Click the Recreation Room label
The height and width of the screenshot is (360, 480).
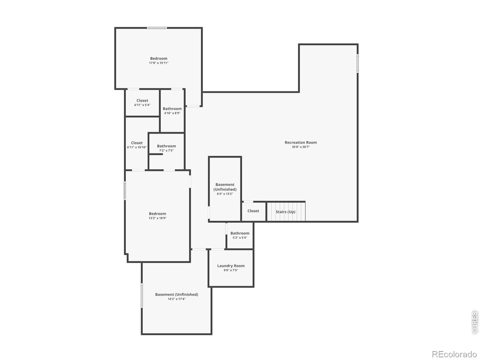tap(301, 142)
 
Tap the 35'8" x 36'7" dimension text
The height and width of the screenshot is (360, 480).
tap(301, 147)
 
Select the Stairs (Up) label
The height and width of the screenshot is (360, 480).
tap(285, 211)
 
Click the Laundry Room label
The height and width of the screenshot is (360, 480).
tap(231, 265)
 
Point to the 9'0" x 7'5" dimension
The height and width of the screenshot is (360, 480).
tap(231, 270)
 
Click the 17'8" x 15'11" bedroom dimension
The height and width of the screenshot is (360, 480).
tap(158, 63)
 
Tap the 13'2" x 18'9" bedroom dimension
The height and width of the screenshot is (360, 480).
tap(157, 218)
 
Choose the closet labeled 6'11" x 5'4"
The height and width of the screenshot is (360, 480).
tap(142, 103)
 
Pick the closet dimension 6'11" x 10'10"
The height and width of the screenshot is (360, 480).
tap(137, 147)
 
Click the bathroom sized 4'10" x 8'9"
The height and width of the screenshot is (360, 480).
tap(172, 111)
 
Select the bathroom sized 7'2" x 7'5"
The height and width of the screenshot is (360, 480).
tap(166, 148)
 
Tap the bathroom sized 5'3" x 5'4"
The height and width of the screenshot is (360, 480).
tap(240, 235)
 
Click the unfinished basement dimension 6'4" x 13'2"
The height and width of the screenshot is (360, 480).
tap(225, 194)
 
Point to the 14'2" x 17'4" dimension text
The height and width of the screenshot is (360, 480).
tap(176, 299)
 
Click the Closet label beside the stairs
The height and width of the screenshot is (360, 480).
tap(253, 211)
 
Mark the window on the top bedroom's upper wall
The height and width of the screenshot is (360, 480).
tap(157, 28)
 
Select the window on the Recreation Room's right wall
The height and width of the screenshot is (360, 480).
tap(358, 63)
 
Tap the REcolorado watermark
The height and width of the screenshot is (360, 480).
tap(454, 354)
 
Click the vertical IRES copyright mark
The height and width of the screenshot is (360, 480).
tap(475, 322)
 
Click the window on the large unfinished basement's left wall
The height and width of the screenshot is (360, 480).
tap(142, 295)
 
